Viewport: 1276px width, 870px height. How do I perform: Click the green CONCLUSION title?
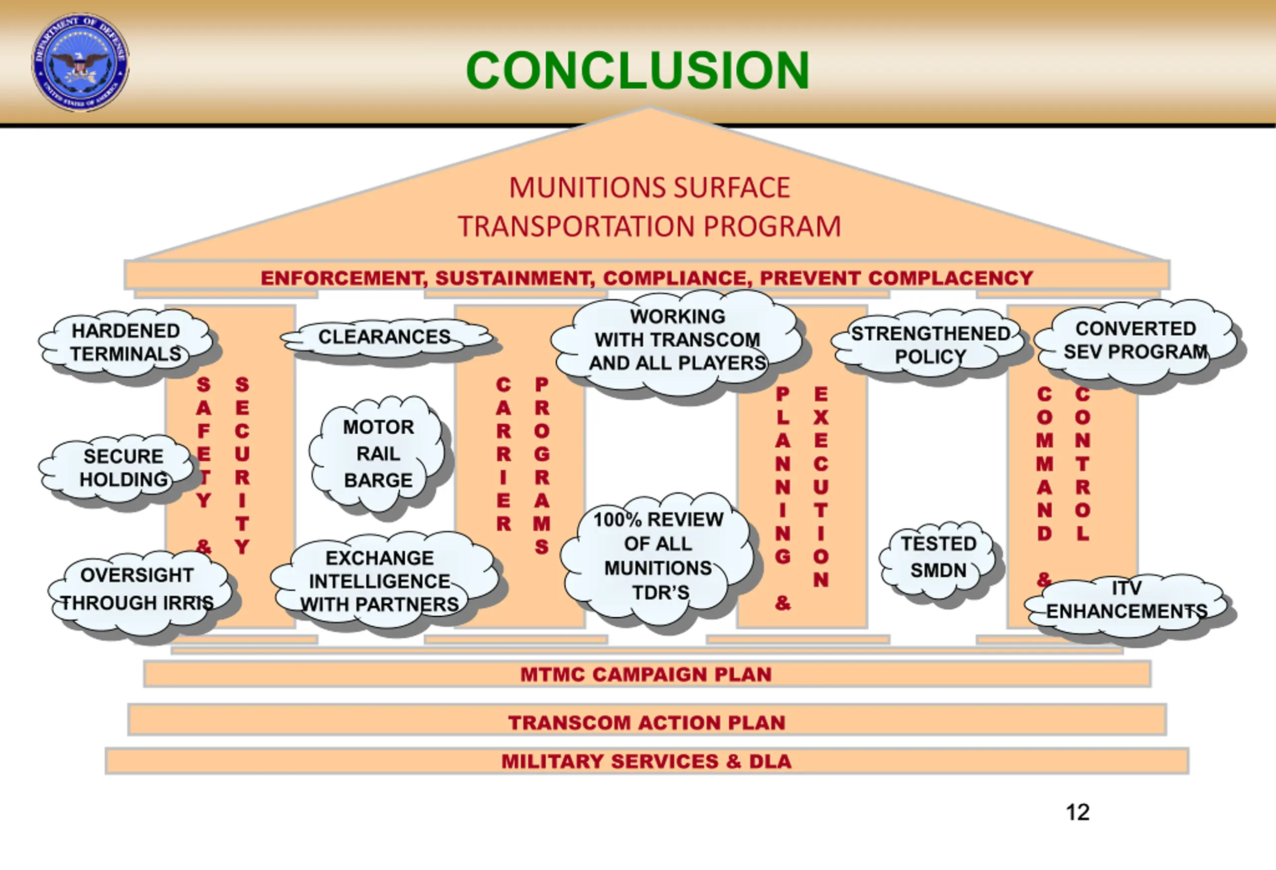pos(638,70)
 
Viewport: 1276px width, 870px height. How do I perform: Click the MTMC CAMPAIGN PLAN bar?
pos(647,674)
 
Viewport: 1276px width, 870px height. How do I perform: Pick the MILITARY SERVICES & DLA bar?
pos(647,761)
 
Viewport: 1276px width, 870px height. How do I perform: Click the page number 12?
pos(1078,812)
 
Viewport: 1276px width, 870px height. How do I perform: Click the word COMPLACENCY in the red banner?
pos(951,278)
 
